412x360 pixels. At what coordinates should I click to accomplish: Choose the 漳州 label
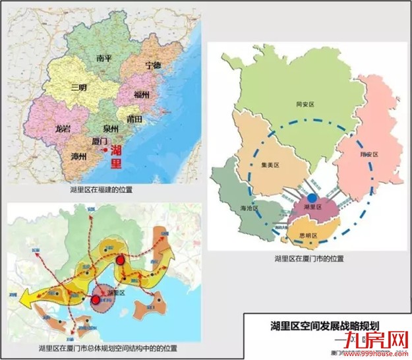80,156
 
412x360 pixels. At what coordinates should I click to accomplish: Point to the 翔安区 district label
370,154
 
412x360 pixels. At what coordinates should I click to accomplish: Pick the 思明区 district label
310,235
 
